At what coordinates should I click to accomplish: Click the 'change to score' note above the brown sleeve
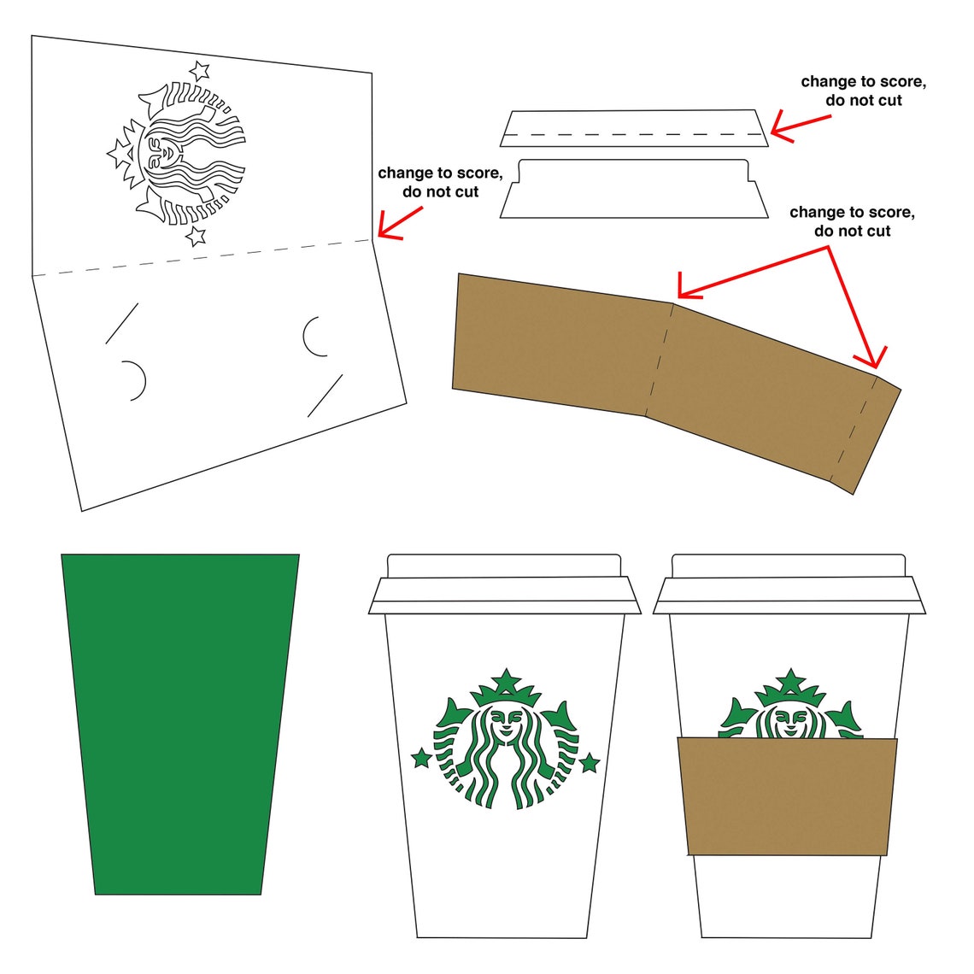(x=852, y=212)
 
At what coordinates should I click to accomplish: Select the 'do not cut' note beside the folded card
(x=441, y=192)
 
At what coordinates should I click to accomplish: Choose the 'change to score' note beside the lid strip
(x=863, y=82)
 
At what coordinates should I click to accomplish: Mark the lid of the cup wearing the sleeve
(x=789, y=584)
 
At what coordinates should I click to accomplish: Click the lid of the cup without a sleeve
(x=505, y=584)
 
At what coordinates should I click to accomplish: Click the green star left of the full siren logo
(x=421, y=757)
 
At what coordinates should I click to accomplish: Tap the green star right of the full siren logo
(x=589, y=762)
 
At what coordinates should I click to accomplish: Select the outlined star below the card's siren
(x=197, y=235)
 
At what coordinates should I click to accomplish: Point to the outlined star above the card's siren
(x=200, y=70)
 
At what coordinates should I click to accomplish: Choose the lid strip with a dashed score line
(x=634, y=128)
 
